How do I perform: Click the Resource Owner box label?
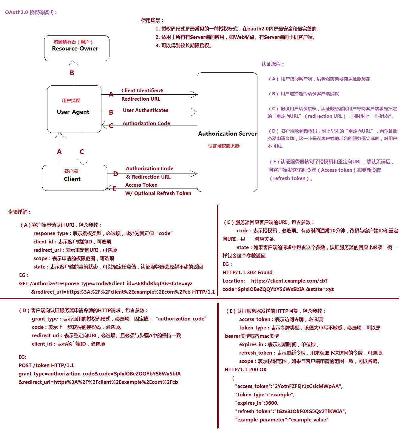(x=75, y=49)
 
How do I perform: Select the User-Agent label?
(x=73, y=112)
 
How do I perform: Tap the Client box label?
(x=72, y=179)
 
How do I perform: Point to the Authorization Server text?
(x=227, y=134)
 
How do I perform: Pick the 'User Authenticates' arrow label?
(x=146, y=111)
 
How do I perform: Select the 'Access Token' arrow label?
(x=141, y=185)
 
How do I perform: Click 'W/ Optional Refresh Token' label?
(x=158, y=194)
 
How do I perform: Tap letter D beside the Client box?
(x=115, y=174)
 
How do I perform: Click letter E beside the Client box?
(x=115, y=188)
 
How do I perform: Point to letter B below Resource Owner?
(x=72, y=73)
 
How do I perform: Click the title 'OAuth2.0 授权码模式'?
(x=31, y=13)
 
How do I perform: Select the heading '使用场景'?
(x=152, y=21)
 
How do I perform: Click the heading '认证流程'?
(x=273, y=64)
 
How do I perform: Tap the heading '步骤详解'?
(x=19, y=212)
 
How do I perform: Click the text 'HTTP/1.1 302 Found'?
(x=247, y=273)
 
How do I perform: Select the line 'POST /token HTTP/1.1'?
(x=46, y=366)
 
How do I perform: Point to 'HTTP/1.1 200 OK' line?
(x=245, y=370)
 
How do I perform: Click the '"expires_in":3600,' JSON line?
(x=257, y=403)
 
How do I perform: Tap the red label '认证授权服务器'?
(x=224, y=146)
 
